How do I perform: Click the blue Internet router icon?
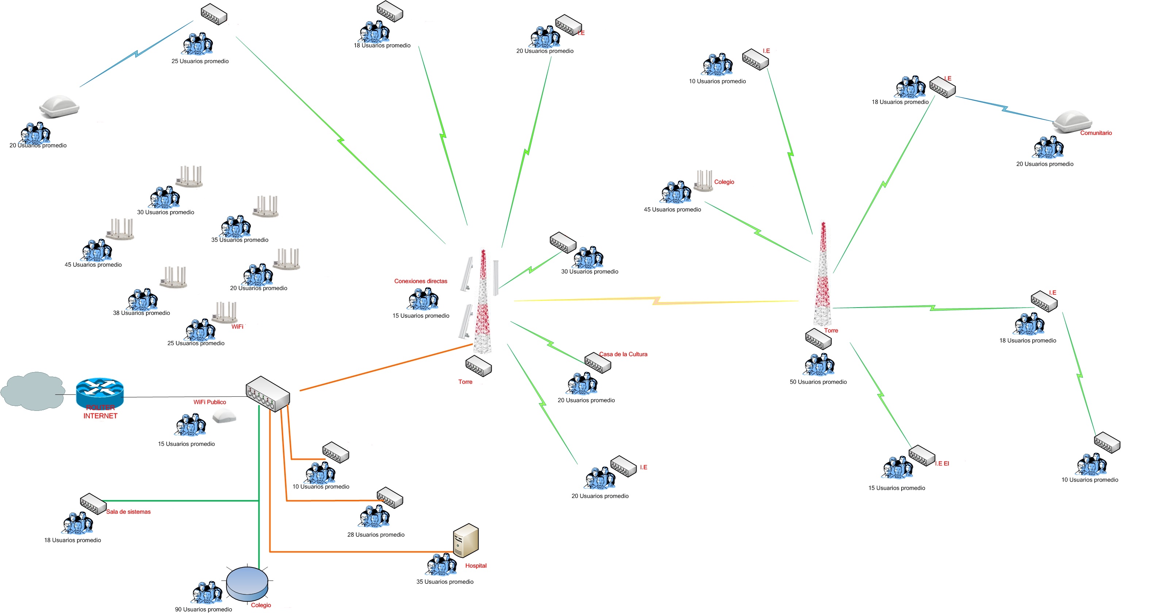point(100,391)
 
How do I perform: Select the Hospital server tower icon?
point(466,540)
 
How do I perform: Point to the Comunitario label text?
point(1095,133)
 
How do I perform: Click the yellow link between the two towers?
point(655,301)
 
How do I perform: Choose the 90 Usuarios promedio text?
point(203,609)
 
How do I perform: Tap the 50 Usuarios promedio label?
point(818,382)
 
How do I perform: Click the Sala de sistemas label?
point(128,512)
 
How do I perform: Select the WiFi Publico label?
point(210,402)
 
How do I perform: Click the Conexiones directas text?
point(420,281)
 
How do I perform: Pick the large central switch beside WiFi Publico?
point(268,394)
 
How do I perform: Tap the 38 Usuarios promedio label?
point(141,313)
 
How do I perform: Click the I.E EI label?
point(942,463)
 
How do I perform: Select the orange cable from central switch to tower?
point(386,367)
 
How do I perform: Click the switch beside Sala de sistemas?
point(93,504)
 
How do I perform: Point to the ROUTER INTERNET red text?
point(100,412)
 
